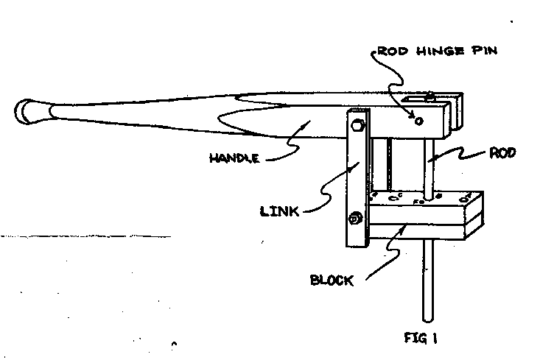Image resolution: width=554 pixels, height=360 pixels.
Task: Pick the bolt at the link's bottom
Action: pos(356,219)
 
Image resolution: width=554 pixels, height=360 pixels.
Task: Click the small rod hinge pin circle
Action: pos(419,121)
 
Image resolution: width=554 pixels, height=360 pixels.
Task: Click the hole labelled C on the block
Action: pos(395,196)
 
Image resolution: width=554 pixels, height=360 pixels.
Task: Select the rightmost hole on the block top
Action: pos(466,199)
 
